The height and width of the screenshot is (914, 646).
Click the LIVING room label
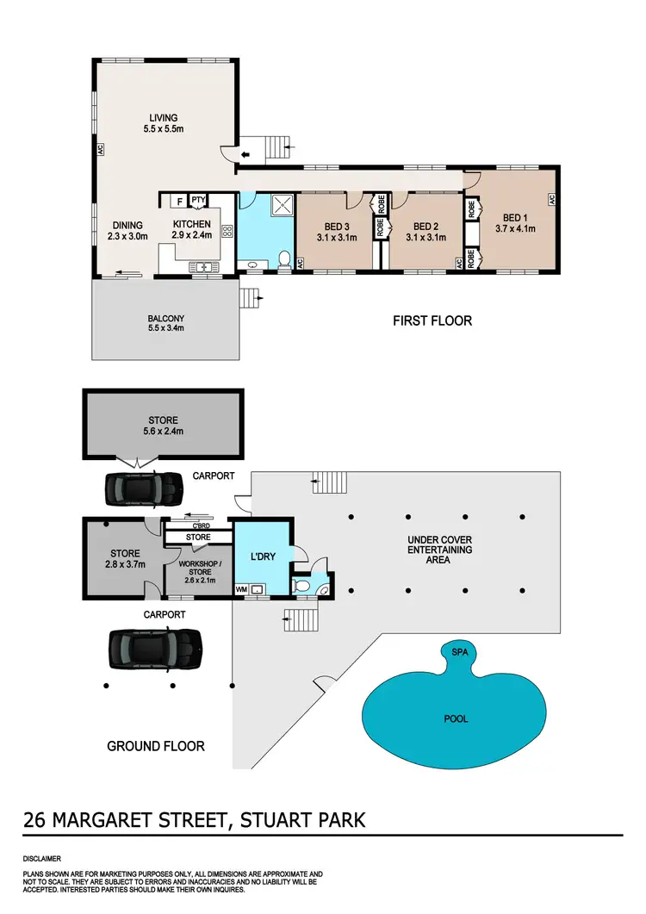[x=162, y=118]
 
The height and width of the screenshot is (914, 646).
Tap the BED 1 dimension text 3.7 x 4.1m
[x=515, y=229]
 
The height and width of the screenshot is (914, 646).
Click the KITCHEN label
[x=189, y=223]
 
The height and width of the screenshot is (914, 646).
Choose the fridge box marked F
[x=178, y=201]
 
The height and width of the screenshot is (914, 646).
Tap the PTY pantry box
[x=198, y=201]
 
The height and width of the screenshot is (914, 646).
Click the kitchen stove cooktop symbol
[x=227, y=231]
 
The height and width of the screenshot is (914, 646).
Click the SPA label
[x=457, y=653]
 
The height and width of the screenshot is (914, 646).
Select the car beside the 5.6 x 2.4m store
[x=143, y=489]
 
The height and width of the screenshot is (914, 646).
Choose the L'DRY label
[x=262, y=557]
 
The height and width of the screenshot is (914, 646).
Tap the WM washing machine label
[x=240, y=589]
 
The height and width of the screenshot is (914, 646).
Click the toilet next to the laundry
[x=301, y=586]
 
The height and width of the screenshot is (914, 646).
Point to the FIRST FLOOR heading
[x=432, y=320]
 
